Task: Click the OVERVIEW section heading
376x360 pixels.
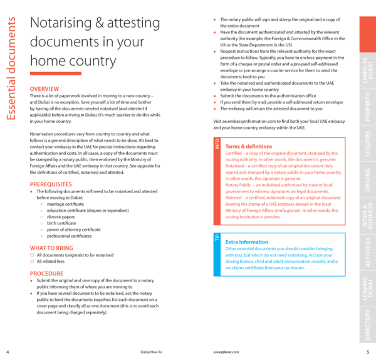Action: point(44,88)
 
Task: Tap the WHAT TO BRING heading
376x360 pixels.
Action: point(51,248)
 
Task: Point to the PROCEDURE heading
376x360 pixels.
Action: point(46,273)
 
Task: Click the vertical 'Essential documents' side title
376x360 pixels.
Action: point(13,69)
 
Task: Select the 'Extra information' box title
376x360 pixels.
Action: point(246,241)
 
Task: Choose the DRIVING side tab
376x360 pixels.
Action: point(367,179)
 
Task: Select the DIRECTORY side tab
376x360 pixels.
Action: point(367,324)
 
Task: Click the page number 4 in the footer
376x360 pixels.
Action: point(7,352)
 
